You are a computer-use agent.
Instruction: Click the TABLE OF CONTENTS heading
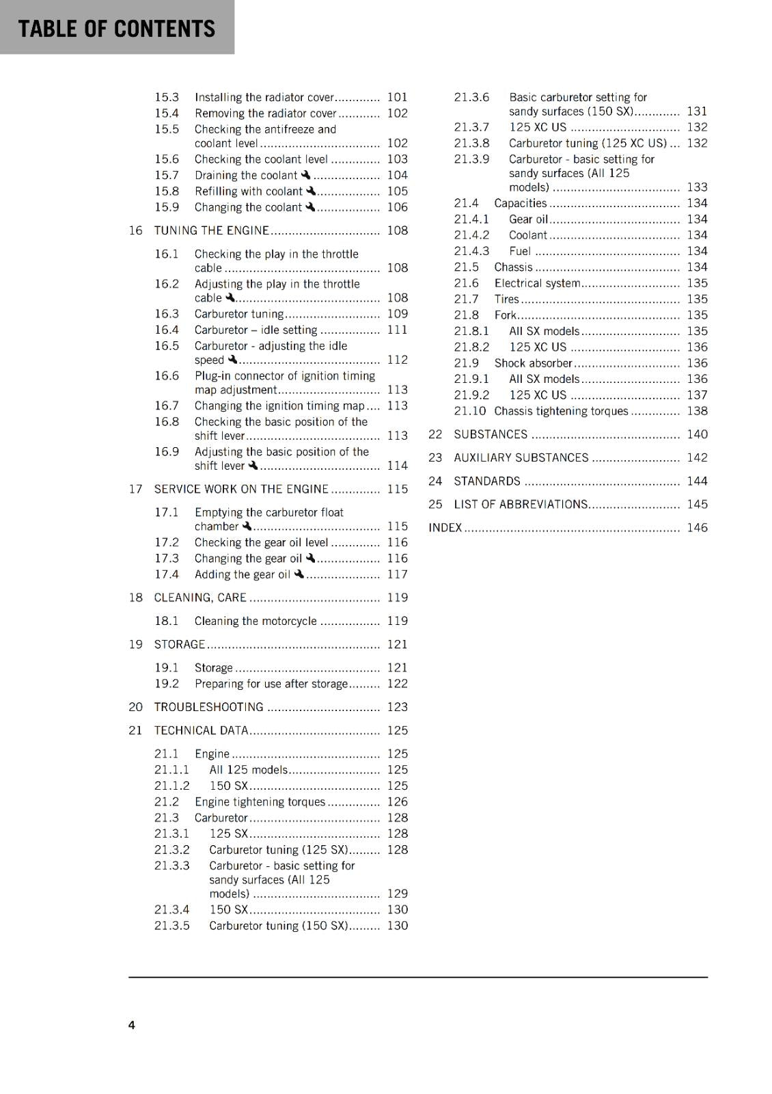tap(116, 29)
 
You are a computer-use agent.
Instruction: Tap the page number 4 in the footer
tap(132, 1024)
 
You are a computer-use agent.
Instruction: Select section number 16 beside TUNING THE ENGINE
tap(135, 230)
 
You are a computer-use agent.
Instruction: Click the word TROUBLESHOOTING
tap(208, 707)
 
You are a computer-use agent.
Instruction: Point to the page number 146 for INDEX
tap(697, 527)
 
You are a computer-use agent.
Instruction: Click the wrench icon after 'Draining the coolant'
tap(305, 175)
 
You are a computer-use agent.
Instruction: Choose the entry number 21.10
tap(469, 411)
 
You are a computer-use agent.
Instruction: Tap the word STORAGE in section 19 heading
tap(179, 644)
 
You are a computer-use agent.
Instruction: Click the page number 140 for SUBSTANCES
tap(697, 434)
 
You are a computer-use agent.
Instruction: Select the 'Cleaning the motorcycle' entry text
tap(256, 621)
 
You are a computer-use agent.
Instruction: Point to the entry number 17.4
tap(166, 574)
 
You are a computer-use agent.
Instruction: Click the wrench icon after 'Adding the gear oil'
tap(299, 574)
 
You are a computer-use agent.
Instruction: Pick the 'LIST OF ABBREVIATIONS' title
tap(521, 504)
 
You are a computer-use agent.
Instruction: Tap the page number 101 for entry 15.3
tap(397, 97)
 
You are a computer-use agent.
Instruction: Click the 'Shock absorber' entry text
tap(533, 363)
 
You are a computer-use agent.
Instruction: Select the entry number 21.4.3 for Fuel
tap(471, 251)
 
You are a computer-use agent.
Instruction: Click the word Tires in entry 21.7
tap(506, 299)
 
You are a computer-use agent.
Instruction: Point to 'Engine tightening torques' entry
tap(260, 801)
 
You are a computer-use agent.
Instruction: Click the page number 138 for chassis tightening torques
tap(697, 411)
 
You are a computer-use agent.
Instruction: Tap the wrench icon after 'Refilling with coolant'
tap(311, 191)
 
